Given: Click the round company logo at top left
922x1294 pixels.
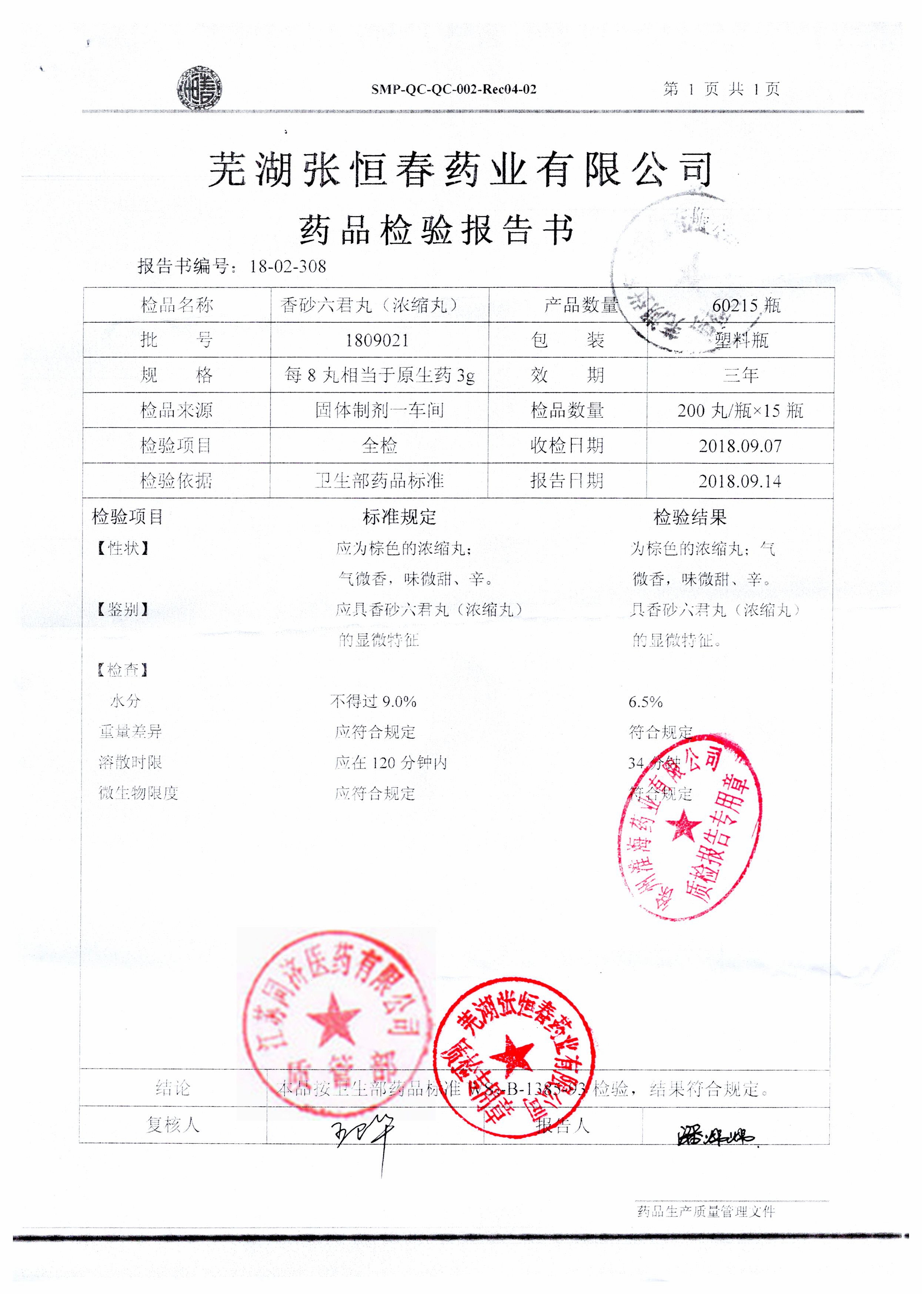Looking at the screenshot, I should click(199, 89).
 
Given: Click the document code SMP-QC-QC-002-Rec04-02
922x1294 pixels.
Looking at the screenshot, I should click(454, 89).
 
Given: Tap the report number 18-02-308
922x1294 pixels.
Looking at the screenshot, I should click(288, 266).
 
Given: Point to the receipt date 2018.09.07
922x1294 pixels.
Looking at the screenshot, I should click(740, 446).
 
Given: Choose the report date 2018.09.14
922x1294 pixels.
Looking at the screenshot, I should click(740, 481).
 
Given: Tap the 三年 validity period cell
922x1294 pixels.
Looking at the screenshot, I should click(741, 375).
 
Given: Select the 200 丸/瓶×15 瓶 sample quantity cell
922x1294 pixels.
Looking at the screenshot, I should click(740, 410).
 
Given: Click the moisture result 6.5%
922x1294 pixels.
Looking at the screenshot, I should click(645, 702).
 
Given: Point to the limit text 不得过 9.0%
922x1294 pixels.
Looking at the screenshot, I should click(374, 702).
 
